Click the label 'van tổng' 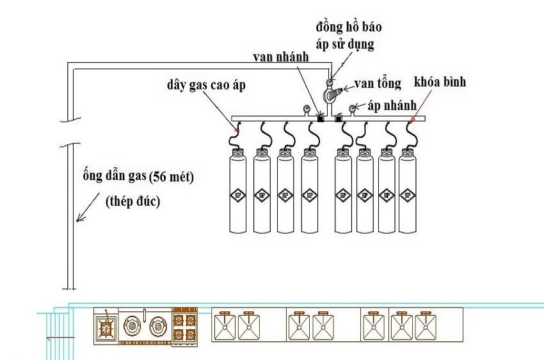(x=379, y=83)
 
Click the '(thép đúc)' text (x=132, y=202)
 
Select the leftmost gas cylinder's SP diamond (x=238, y=195)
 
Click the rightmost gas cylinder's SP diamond (x=407, y=195)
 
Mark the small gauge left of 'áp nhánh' (x=352, y=108)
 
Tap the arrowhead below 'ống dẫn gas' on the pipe (x=77, y=220)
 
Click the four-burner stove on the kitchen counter (x=186, y=327)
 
